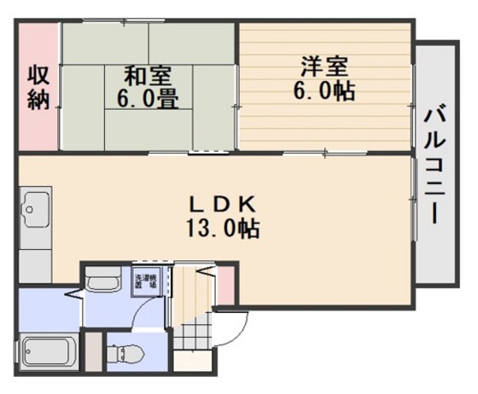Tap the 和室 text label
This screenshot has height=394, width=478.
(x=147, y=75)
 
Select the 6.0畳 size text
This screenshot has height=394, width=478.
(x=147, y=99)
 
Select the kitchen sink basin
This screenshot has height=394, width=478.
(x=36, y=207)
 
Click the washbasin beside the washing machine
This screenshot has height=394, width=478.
(x=105, y=282)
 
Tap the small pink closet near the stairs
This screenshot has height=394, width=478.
(x=224, y=290)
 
